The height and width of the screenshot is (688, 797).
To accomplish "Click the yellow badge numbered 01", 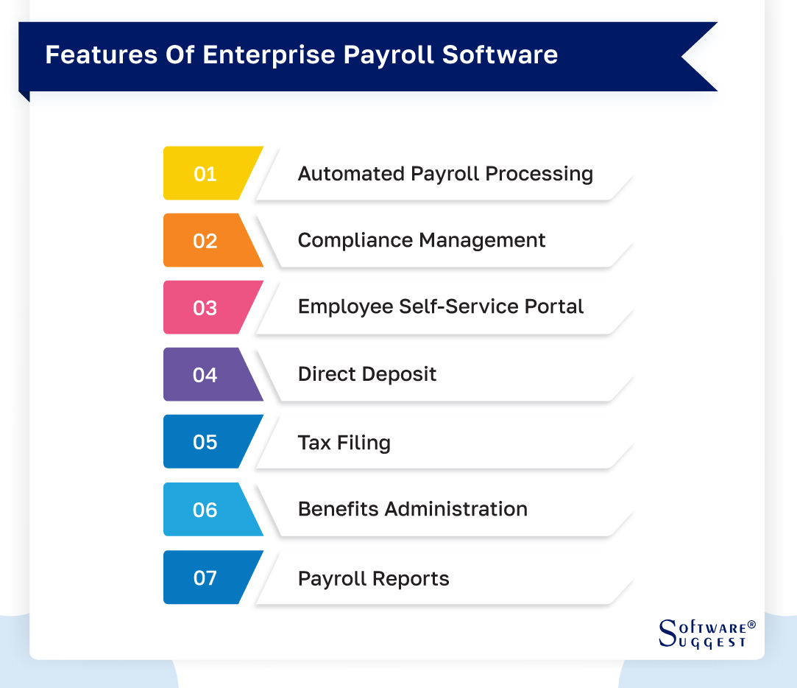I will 206,174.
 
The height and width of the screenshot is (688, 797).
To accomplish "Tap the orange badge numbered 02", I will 206,241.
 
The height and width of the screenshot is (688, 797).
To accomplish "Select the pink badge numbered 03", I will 206,308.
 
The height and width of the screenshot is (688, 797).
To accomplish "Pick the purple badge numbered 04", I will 206,375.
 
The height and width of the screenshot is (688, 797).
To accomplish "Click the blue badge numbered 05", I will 206,442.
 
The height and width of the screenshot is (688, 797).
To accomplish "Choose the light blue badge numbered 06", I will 206,510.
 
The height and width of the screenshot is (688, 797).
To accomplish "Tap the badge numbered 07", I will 206,578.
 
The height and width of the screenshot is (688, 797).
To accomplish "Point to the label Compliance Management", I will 422,241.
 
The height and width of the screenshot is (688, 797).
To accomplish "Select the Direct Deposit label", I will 367,374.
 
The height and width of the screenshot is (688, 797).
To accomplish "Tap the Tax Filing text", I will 344,443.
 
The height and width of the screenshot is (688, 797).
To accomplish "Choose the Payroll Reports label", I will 373,578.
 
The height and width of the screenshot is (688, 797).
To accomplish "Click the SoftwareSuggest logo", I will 705,633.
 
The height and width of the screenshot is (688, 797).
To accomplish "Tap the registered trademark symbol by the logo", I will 751,625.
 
